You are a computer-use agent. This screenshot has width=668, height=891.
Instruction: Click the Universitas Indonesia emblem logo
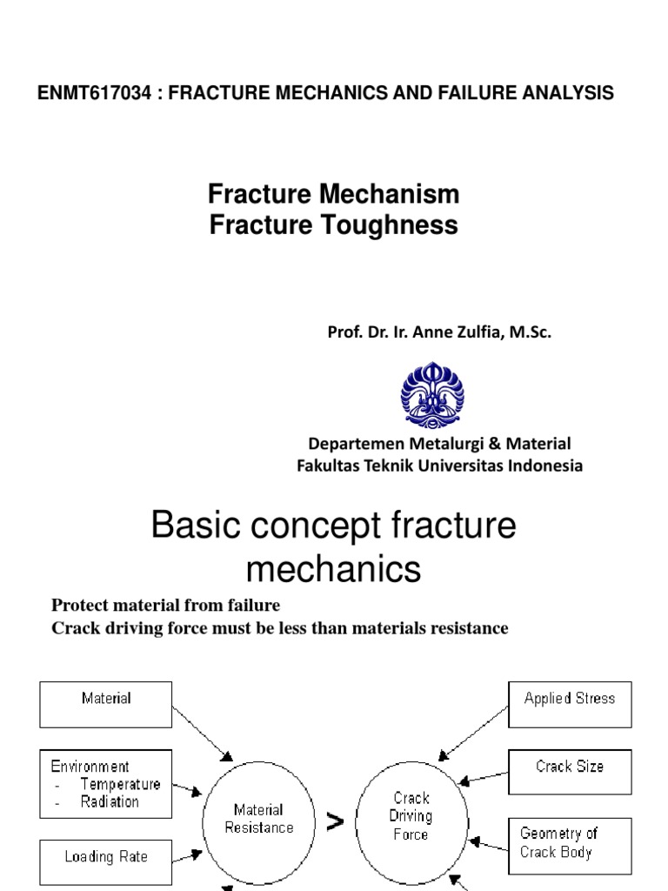tap(432, 395)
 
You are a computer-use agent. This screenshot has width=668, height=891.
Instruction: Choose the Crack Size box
tap(570, 772)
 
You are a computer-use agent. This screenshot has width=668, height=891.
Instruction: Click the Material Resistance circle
tap(259, 819)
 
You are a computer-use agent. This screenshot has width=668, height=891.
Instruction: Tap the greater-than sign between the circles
tap(335, 822)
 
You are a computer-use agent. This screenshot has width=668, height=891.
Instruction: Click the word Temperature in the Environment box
tap(120, 785)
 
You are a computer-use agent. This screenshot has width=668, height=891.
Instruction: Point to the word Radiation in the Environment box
tap(110, 802)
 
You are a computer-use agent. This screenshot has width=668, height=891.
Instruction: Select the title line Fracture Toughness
tap(334, 225)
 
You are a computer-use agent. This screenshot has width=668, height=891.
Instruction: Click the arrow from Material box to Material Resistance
tap(203, 733)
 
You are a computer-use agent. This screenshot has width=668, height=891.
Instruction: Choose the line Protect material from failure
tap(166, 606)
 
